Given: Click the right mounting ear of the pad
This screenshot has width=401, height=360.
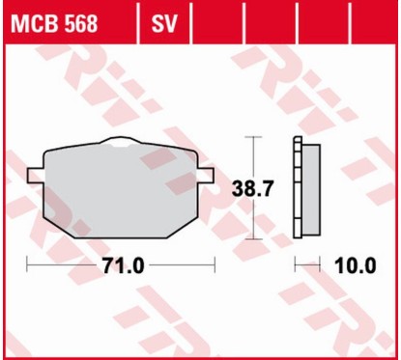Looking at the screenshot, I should [206, 175].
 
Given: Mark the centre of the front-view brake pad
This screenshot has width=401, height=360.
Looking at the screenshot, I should [120, 188].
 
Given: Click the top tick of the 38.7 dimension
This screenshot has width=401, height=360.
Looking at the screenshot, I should [254, 137].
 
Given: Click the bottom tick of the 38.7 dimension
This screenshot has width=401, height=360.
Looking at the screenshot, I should [254, 238].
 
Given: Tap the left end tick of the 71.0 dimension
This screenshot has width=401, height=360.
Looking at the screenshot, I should [28, 266].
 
